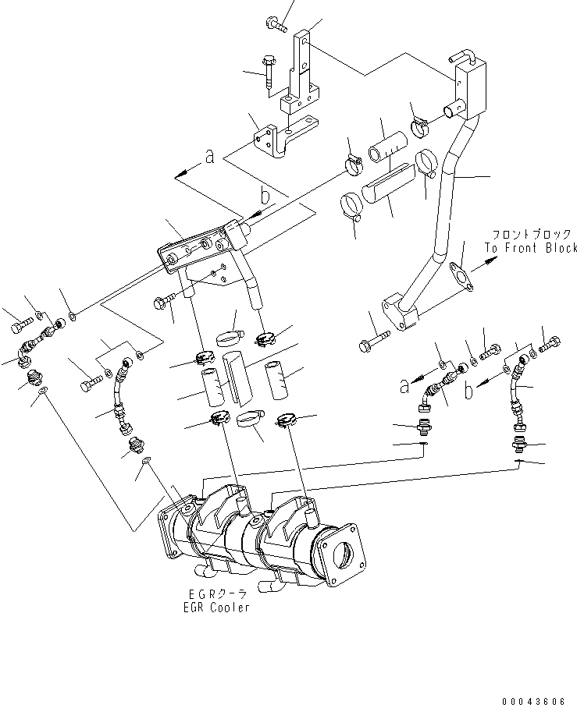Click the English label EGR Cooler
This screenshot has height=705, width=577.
click(x=212, y=608)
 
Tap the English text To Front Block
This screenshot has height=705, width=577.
click(x=530, y=248)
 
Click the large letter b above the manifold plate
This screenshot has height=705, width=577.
click(x=266, y=196)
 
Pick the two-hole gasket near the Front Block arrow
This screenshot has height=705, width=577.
click(x=461, y=278)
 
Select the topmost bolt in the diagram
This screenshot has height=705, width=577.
click(x=277, y=25)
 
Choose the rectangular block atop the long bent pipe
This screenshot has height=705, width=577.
click(x=470, y=87)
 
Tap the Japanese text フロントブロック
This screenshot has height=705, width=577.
click(x=530, y=234)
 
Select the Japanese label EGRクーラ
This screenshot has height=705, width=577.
click(x=212, y=594)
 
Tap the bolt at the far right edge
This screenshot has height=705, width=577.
click(x=549, y=342)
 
